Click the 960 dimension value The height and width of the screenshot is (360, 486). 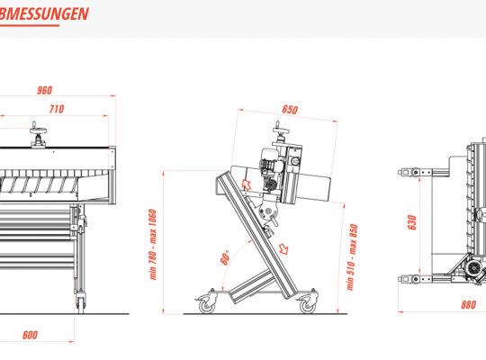pos(45,90)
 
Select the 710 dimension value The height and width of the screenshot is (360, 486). pos(57,109)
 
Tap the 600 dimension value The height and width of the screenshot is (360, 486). pos(30,335)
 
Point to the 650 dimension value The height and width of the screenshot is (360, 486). pos(290,110)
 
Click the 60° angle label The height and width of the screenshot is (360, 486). pos(225,257)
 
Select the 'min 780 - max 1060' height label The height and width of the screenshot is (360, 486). pos(153,245)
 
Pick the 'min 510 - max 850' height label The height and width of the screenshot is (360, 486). pos(352,257)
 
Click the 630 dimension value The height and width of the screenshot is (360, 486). pos(411,222)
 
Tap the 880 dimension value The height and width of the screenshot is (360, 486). pos(468,305)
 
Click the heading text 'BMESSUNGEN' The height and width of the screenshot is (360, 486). pos(44,14)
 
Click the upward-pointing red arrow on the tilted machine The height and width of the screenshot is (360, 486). pos(247,184)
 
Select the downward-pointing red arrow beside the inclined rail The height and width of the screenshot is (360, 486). pos(283,248)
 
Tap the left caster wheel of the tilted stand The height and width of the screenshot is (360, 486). pos(206,305)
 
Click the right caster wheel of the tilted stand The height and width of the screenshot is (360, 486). pos(308,305)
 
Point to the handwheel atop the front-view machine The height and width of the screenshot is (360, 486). pos(38,130)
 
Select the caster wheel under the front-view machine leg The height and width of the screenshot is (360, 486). pos(81,304)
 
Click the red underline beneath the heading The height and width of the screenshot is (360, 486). pos(30,25)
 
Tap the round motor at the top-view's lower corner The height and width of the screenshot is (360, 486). pos(474,267)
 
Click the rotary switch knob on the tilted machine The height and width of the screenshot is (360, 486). pos(295,161)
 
